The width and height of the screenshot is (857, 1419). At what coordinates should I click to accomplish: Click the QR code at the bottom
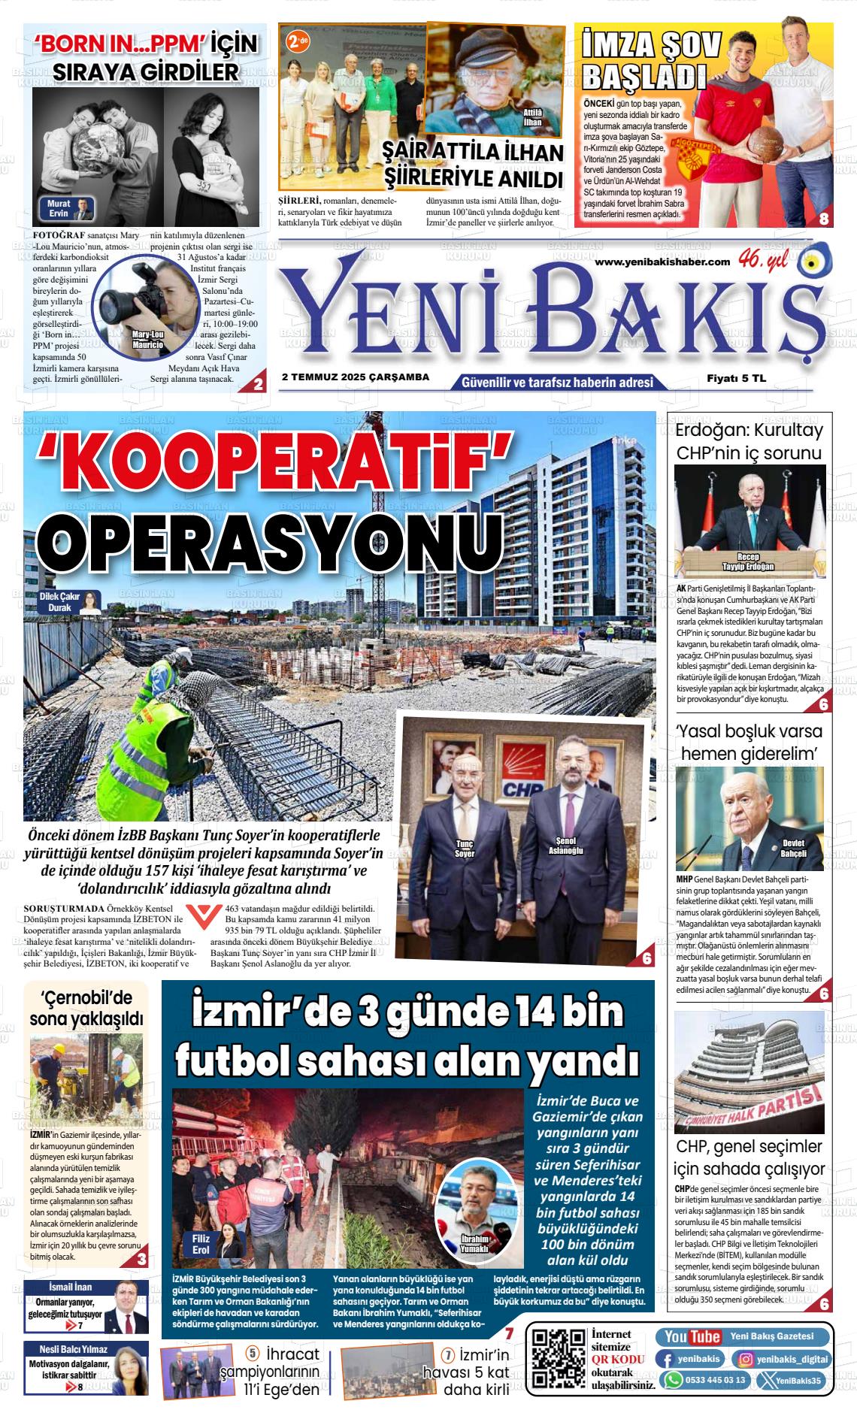[x=559, y=1357]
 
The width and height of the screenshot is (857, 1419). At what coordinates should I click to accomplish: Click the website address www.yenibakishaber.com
[x=662, y=261]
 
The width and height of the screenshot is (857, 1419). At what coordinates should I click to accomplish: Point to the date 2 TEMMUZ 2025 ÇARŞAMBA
[x=356, y=377]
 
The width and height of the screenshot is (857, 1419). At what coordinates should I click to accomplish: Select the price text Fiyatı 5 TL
[x=736, y=379]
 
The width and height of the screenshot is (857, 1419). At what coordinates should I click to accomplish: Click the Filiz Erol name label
[x=201, y=1243]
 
